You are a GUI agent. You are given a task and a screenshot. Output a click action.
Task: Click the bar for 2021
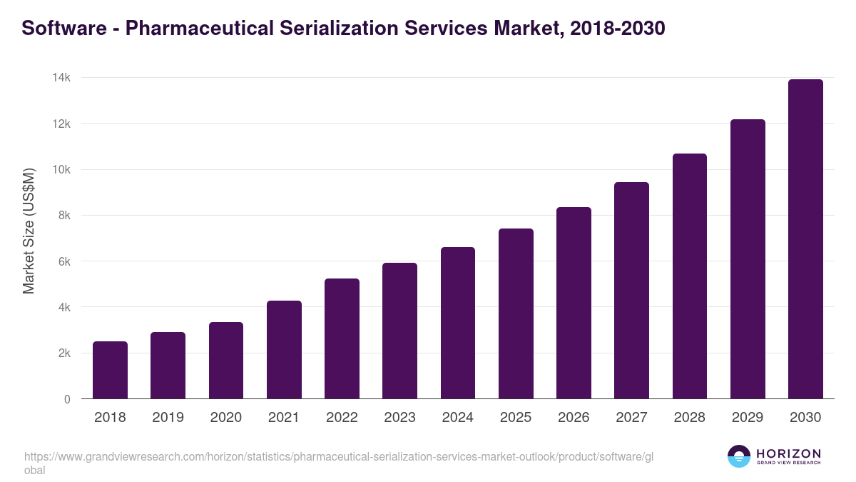pos(284,350)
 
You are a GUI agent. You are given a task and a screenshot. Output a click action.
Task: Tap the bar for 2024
pos(458,323)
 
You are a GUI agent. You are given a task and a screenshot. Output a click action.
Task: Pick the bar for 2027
pos(631,291)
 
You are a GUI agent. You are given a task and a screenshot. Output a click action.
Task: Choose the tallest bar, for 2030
pos(805,239)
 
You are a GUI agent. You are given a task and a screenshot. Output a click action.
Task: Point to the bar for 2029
pos(748,259)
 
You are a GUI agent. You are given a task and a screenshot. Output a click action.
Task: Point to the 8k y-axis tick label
pos(64,216)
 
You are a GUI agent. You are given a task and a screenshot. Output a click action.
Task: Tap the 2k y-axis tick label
pos(64,353)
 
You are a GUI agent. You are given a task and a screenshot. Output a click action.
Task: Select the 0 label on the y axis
pos(67,399)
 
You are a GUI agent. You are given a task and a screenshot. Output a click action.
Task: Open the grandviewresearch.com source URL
pos(338,457)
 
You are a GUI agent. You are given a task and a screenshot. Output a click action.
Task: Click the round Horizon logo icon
pos(738,456)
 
